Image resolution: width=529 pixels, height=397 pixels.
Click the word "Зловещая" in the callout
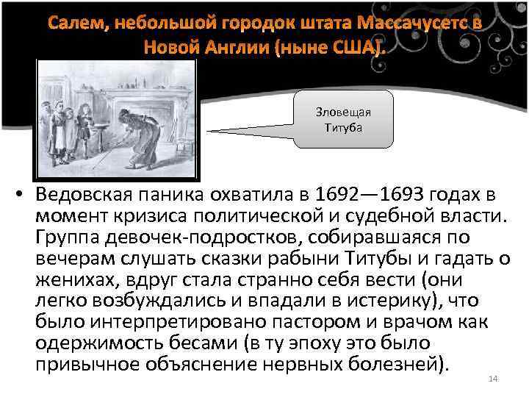pyautogui.click(x=344, y=112)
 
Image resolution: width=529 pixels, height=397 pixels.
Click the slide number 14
pyautogui.click(x=493, y=379)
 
